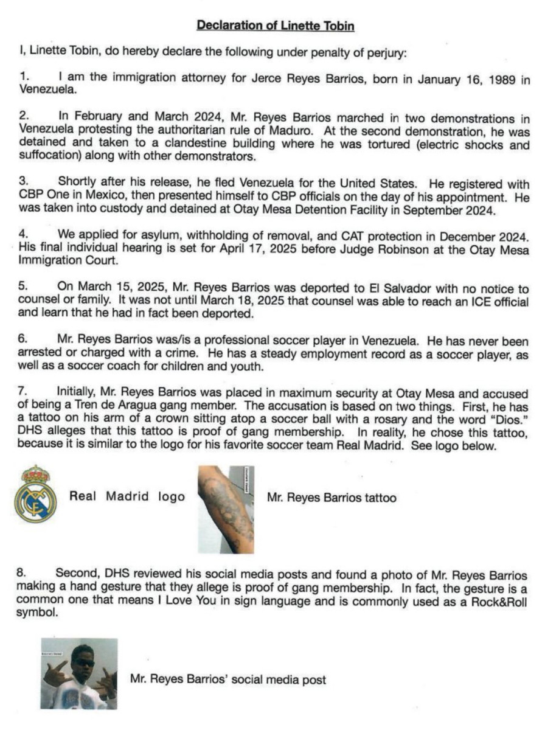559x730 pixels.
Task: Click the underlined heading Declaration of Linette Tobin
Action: (x=276, y=26)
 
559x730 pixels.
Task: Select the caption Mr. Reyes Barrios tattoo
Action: (x=332, y=498)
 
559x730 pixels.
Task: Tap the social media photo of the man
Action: (x=79, y=673)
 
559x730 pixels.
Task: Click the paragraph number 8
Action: (x=22, y=575)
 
